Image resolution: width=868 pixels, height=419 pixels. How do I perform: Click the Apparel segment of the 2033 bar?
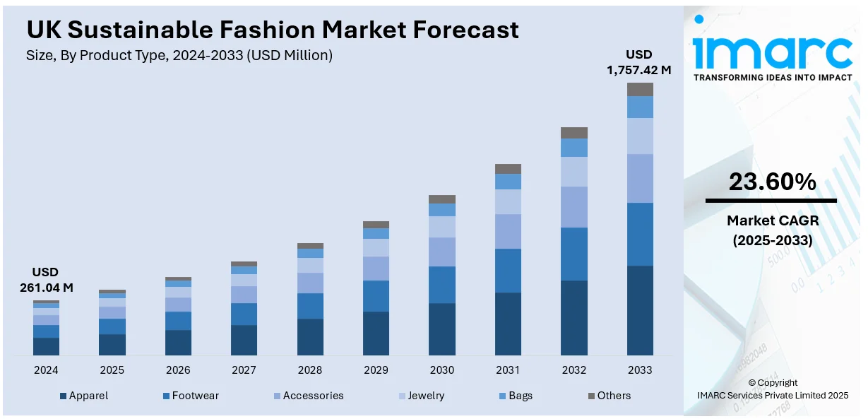tap(640, 310)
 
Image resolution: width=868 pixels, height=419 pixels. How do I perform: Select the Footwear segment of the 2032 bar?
tap(574, 254)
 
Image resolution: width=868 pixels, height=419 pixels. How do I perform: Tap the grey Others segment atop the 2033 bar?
tap(640, 89)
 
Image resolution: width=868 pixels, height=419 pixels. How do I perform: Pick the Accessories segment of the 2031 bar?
tap(508, 231)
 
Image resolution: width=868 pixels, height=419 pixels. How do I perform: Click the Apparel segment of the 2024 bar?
tap(46, 346)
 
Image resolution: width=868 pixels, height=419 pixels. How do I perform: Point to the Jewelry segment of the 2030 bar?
tap(442, 227)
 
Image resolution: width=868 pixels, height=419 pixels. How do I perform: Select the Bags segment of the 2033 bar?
tap(640, 107)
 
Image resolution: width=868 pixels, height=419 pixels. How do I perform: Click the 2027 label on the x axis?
tap(244, 370)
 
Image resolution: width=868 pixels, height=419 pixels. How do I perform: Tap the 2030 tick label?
tap(442, 370)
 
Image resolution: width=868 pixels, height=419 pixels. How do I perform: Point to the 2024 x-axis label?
tap(46, 370)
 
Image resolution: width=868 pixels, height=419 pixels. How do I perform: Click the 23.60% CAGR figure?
tap(772, 182)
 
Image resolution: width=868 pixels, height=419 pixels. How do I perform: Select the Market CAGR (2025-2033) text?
tap(772, 230)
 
